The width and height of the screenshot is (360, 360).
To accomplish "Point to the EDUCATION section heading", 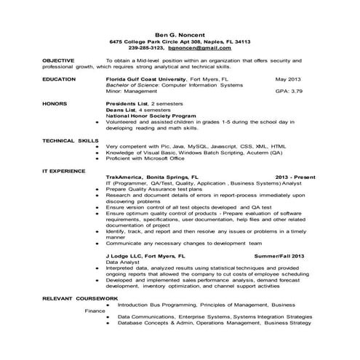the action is (59, 78).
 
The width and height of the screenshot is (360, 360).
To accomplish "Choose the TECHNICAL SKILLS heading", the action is (70, 139).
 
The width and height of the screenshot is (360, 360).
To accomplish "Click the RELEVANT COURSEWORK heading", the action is (75, 298).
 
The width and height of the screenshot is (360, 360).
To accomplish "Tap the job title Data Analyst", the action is (124, 263).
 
